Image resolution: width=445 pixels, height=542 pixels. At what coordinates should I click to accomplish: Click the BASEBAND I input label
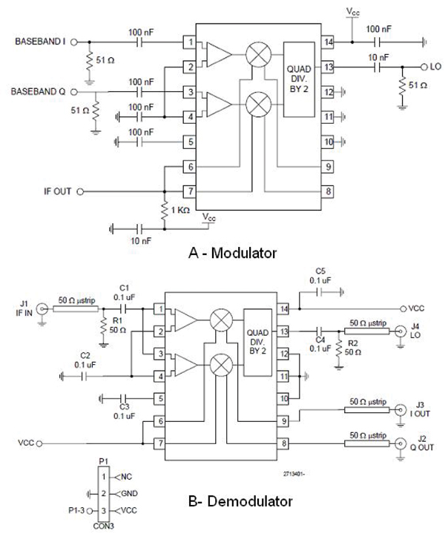click(41, 42)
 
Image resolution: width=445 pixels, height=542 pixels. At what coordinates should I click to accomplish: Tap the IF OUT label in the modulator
click(53, 191)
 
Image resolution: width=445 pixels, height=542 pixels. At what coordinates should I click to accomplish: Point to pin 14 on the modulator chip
click(327, 42)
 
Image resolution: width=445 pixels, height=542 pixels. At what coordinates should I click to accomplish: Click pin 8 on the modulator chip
click(327, 191)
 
